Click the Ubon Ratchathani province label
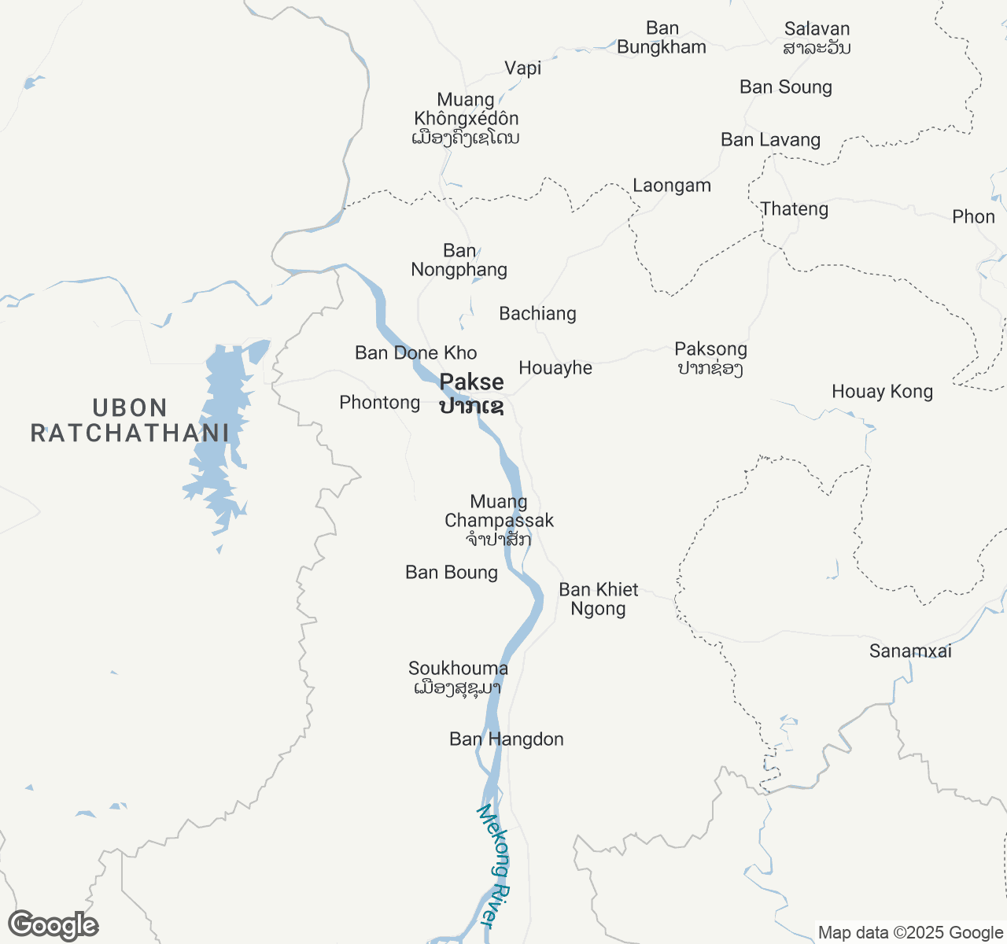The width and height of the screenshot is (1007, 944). point(130,421)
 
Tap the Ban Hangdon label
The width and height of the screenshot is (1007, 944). point(507,739)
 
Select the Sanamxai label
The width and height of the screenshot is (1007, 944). point(910,651)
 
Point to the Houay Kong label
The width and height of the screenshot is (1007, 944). point(882,392)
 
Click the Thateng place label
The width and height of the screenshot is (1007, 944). point(795,209)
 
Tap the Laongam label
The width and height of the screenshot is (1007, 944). point(672,186)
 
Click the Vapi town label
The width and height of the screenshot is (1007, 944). point(523,68)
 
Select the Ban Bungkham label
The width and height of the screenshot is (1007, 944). point(662,38)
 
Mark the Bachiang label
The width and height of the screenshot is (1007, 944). point(538,314)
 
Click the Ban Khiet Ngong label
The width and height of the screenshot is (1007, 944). point(599,599)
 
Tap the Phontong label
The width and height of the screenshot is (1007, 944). point(380,403)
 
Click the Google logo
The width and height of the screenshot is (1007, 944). point(53,926)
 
